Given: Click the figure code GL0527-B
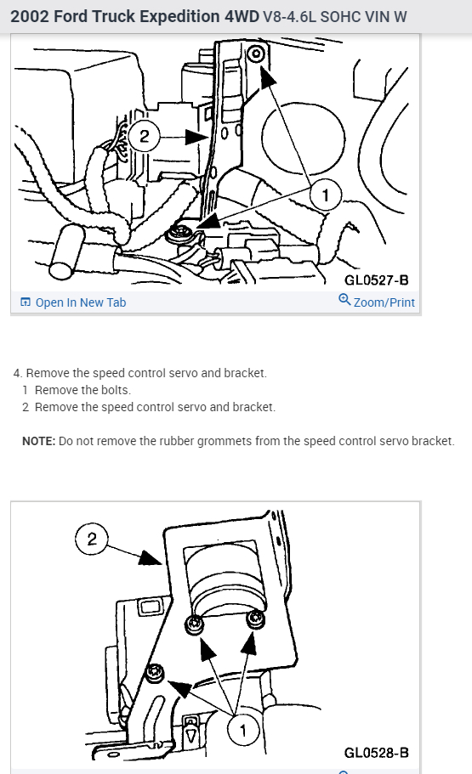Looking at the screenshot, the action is coord(377,280).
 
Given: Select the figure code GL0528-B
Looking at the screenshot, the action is coord(377,753).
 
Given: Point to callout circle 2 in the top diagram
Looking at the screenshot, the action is coord(144,136).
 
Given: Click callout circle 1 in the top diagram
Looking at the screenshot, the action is coord(325,195).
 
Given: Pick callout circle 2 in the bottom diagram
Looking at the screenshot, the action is coord(92,539).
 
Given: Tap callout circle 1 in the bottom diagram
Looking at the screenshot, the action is coord(242,730).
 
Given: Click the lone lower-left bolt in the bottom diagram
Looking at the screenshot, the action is coord(155,673).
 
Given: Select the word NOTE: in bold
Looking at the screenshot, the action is coord(38,441).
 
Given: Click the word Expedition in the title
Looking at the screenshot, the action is coord(180,17).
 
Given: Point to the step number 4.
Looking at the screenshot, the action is coord(18,373).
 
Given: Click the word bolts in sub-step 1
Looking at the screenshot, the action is coord(116,390).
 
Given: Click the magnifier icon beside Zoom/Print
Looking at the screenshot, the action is coord(344,299).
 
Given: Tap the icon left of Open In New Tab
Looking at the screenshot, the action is coord(26,302).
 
